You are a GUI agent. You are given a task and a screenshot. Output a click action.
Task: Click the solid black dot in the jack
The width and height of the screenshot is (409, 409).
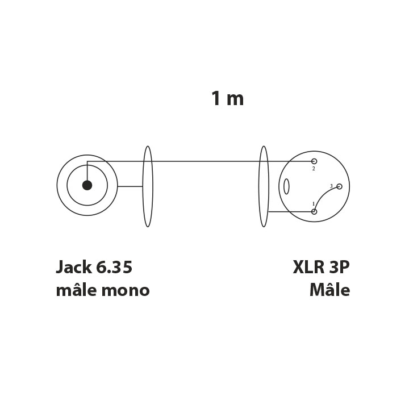pos(87,185)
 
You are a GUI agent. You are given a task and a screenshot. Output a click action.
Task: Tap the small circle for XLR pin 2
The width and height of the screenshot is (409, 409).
pos(314,161)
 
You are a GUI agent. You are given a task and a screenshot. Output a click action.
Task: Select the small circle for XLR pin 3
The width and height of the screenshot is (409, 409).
pos(339,186)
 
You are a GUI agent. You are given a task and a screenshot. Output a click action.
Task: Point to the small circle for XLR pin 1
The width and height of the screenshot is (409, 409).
pos(314,211)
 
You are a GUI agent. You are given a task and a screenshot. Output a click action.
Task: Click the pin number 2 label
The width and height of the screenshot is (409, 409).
pos(314,169)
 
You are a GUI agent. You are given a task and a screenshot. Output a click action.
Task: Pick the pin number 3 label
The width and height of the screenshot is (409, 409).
pos(331,186)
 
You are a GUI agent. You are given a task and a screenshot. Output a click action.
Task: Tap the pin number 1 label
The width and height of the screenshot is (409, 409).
pos(314,204)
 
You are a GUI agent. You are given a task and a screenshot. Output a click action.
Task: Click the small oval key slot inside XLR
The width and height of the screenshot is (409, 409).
pos(286,186)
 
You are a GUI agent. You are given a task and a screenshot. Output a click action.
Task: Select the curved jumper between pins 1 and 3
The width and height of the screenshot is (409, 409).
pos(323,195)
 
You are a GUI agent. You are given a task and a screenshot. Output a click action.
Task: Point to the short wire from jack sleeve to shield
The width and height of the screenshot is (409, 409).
pos(130,186)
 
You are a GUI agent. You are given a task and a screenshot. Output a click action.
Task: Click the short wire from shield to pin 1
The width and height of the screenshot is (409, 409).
pos(290,211)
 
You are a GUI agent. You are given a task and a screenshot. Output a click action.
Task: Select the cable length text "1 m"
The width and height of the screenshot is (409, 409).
pos(227,98)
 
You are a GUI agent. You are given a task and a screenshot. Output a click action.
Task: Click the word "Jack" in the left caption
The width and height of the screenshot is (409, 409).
pos(74,267)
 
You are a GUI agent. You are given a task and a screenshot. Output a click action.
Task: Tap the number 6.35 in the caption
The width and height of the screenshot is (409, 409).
pos(114,267)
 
